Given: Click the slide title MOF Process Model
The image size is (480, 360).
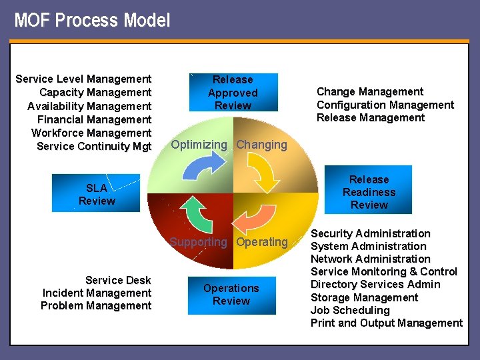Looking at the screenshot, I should click(92, 20).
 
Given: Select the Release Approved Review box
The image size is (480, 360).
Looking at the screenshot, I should click(232, 93).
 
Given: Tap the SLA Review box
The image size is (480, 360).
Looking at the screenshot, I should click(96, 194).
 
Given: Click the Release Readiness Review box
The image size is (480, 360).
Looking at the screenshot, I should click(369, 192).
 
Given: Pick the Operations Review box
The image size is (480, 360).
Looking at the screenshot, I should click(231, 295).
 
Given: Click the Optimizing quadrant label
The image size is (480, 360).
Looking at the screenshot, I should click(199, 145).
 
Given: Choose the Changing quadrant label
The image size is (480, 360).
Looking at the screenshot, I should click(262, 145).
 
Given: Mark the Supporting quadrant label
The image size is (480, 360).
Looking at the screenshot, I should click(198, 242).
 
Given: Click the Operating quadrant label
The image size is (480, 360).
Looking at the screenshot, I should click(262, 242).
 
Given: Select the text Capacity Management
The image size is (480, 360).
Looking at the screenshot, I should click(95, 93).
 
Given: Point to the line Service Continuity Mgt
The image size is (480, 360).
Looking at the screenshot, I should click(94, 146).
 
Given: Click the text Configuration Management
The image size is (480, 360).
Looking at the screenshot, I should click(385, 105).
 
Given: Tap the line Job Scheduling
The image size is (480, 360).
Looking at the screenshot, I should click(350, 310).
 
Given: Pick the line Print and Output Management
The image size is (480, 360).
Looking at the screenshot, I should click(386, 323).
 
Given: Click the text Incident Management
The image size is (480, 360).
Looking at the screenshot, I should click(97, 293).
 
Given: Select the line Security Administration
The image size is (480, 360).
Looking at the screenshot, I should click(370, 233).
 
